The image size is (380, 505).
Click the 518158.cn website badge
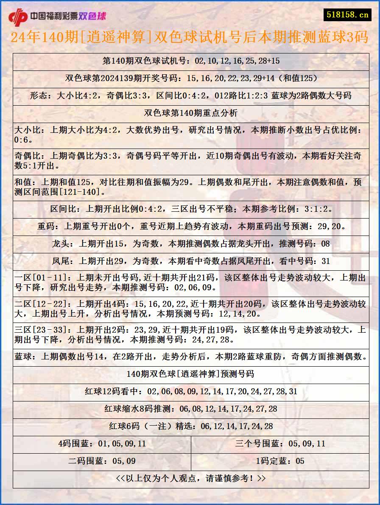point(347,14)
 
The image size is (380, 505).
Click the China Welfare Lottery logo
point(57,16)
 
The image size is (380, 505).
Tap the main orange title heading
point(190,37)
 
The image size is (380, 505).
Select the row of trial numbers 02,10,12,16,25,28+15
point(191,61)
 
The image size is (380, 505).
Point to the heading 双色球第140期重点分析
point(191,113)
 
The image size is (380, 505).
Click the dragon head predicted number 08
point(325,244)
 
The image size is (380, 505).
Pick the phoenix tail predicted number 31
point(325,261)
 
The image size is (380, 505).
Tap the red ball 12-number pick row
point(191,392)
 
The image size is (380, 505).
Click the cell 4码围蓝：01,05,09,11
point(102,444)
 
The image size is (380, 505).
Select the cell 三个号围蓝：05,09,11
point(280,444)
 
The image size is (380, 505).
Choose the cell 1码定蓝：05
point(280,461)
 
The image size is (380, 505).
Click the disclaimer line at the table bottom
point(191,479)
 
